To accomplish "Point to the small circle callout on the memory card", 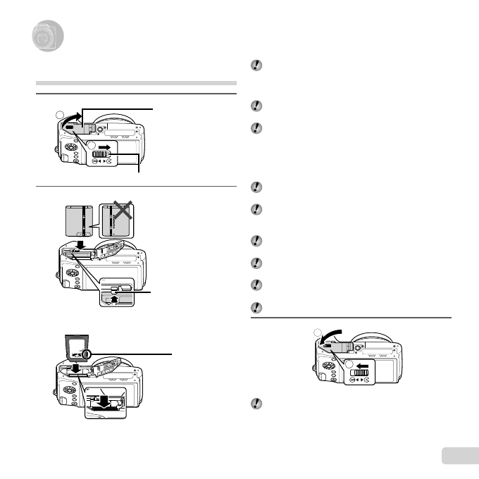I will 87,353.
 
